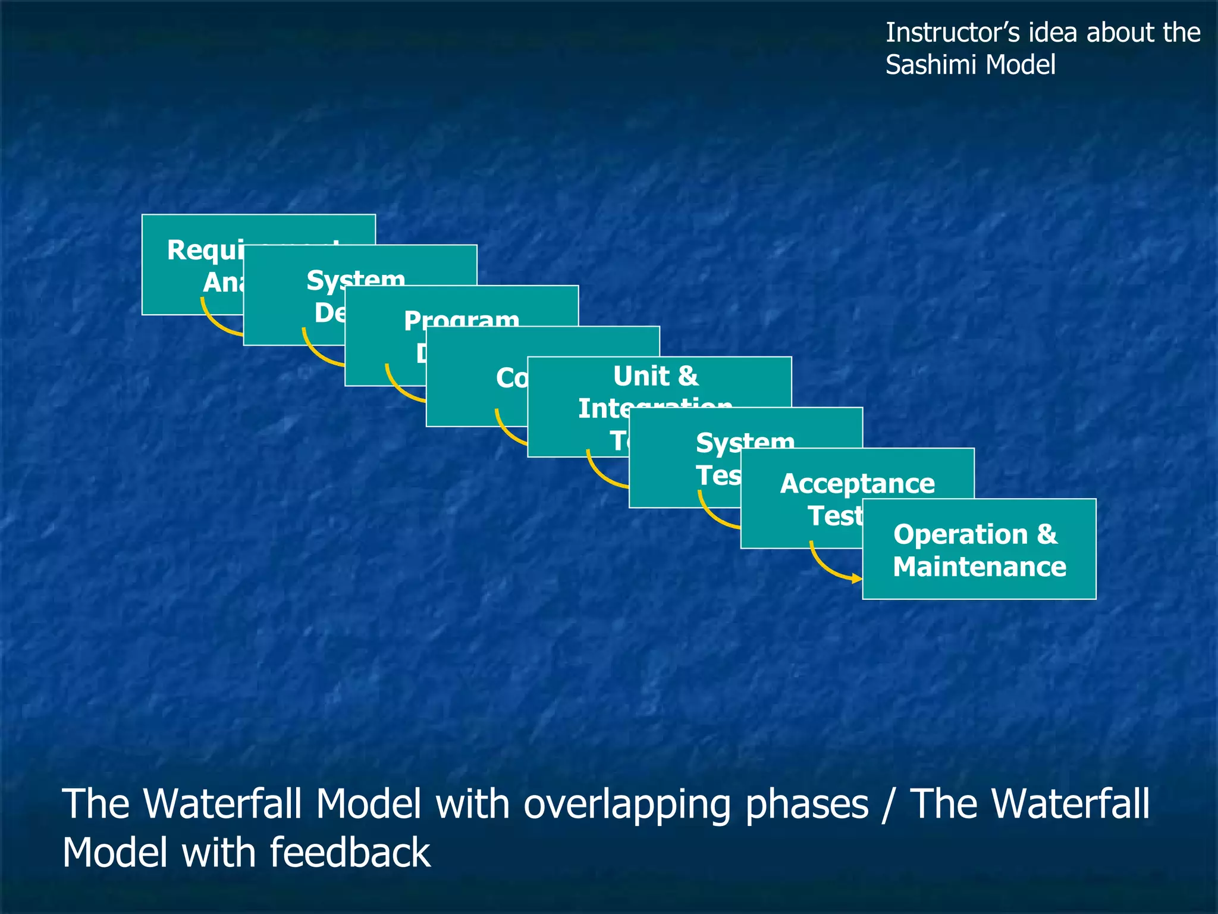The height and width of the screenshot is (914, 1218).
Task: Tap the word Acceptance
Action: pyautogui.click(x=856, y=483)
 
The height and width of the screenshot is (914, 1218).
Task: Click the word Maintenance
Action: pyautogui.click(x=979, y=566)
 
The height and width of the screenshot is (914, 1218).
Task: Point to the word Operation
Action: pyautogui.click(x=960, y=534)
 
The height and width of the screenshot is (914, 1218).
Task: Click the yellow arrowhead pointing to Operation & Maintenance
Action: pyautogui.click(x=857, y=578)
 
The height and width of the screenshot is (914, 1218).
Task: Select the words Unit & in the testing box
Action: pyautogui.click(x=655, y=376)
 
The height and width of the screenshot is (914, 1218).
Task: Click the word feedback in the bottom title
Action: pyautogui.click(x=350, y=852)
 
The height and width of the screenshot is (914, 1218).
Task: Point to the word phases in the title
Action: pyautogui.click(x=806, y=805)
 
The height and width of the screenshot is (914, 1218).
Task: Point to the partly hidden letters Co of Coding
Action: pyautogui.click(x=511, y=378)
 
